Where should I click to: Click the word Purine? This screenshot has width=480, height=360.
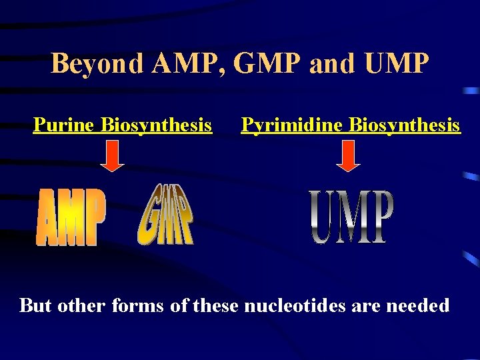click(x=64, y=125)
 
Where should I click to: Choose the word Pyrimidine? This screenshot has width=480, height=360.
click(x=292, y=125)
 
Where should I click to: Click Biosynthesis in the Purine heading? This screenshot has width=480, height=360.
click(x=157, y=125)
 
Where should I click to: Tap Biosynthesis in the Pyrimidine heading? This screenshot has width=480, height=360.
click(x=405, y=125)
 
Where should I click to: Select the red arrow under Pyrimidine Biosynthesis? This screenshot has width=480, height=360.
click(x=347, y=158)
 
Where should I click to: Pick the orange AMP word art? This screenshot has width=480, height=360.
click(x=71, y=217)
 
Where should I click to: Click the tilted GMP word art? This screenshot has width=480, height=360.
click(x=166, y=214)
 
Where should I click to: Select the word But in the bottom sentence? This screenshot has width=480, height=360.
click(x=36, y=306)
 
